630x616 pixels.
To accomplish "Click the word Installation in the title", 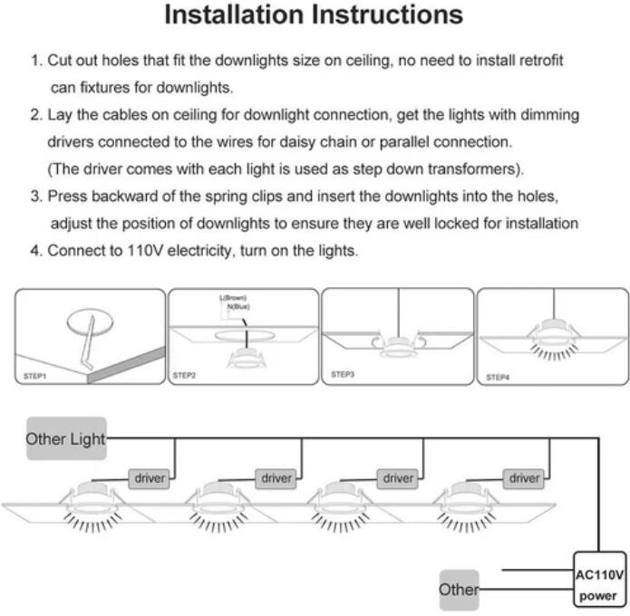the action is click(x=235, y=14).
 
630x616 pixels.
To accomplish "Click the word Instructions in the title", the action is click(x=387, y=14).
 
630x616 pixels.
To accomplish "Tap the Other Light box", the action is click(x=66, y=438).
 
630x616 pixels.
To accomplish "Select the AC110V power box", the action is click(x=599, y=585).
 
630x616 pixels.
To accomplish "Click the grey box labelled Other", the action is click(x=460, y=590).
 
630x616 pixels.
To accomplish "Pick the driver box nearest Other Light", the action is click(x=149, y=478).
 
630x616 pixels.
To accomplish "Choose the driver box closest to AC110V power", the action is click(x=524, y=478).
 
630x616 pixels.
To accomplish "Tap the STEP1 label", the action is click(x=35, y=376).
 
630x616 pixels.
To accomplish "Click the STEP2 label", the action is click(x=184, y=375).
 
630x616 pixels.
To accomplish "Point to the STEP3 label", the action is click(x=343, y=375).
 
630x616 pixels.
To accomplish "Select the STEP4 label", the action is click(x=498, y=377).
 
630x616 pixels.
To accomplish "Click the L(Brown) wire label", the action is click(x=233, y=298).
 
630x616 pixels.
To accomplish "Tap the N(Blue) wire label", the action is click(x=238, y=307).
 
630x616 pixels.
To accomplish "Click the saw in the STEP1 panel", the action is click(x=88, y=342).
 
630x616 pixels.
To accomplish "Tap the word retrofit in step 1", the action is click(x=541, y=61).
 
